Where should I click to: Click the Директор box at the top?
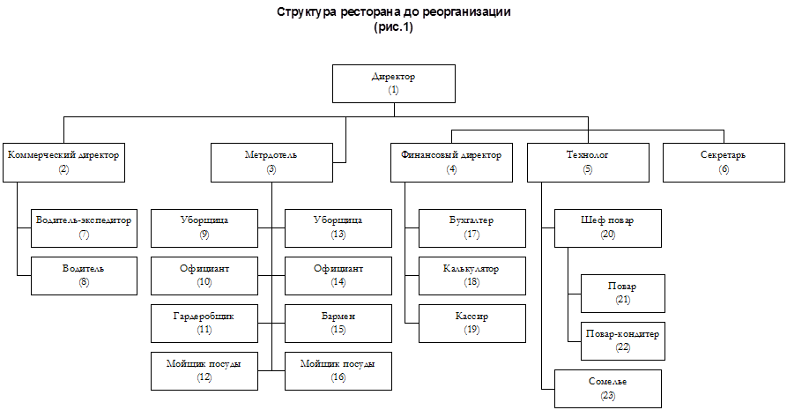coord(394,84)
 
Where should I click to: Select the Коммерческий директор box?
coord(63,162)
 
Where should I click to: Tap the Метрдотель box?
coord(271,162)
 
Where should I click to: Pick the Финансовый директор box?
coord(452,162)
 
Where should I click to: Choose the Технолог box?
coord(588,162)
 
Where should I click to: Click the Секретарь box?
coord(724,162)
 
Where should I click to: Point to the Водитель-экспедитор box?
coord(84,228)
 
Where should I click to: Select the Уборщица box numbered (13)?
coord(338,228)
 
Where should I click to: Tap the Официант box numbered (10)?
coord(204,276)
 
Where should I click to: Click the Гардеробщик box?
coord(204,324)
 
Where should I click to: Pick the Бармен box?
coord(338,324)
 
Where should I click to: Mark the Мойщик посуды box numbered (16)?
coord(338,371)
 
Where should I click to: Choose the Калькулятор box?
coord(472,276)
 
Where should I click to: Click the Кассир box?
coord(472,324)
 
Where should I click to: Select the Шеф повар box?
coord(608,228)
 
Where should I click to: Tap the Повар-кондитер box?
coord(623,341)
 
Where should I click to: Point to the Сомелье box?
coord(608,389)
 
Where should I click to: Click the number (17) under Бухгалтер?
coord(471,235)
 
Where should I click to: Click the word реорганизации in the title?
coord(466,12)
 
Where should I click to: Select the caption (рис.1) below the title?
coord(393,27)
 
